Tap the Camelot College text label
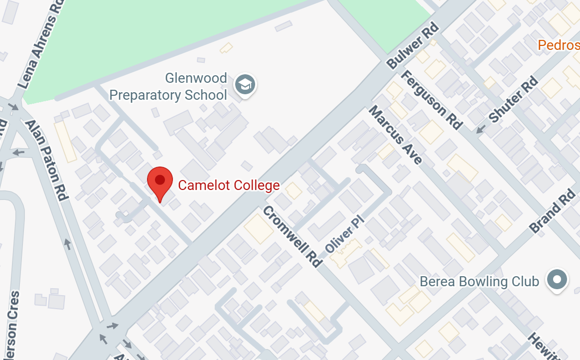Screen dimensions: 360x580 (229, 185)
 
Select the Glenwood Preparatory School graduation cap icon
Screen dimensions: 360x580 (245, 85)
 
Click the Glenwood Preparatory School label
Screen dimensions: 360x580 (168, 87)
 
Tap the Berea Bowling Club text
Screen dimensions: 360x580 (479, 282)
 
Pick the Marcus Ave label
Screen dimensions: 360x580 (396, 135)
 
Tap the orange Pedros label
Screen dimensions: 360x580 (559, 45)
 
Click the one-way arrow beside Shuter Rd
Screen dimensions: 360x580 (481, 129)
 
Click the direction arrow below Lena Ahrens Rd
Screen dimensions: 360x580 (13, 107)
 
